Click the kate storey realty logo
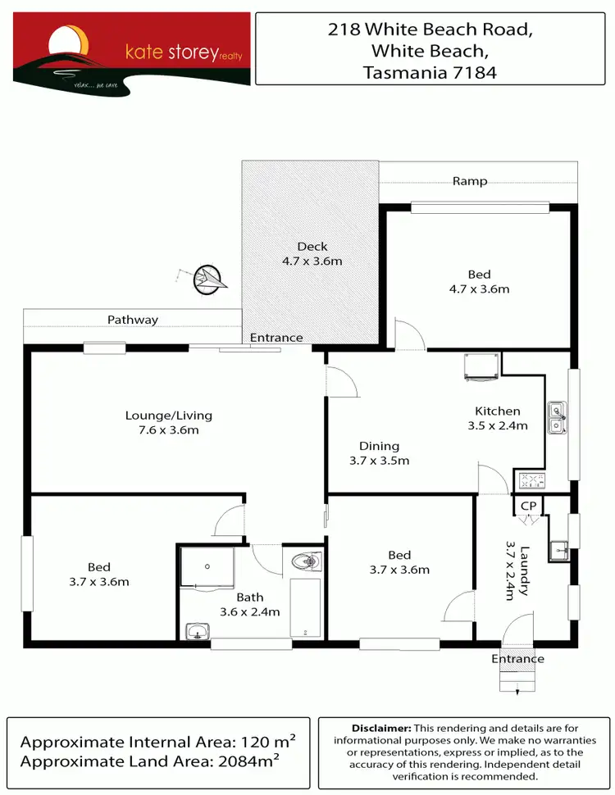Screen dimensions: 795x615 131,49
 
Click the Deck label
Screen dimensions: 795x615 312,246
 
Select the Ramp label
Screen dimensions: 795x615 470,181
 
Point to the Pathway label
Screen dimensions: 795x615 132,320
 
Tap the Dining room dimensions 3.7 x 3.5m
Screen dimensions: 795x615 379,461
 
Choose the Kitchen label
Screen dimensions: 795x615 498,411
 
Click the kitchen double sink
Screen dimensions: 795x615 557,416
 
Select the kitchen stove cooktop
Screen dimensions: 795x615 529,480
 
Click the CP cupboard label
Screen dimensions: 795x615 528,506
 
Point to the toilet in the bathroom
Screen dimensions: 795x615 306,561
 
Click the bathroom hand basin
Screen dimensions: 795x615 197,631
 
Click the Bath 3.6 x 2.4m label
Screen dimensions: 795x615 249,604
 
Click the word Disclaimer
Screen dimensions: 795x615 381,728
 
